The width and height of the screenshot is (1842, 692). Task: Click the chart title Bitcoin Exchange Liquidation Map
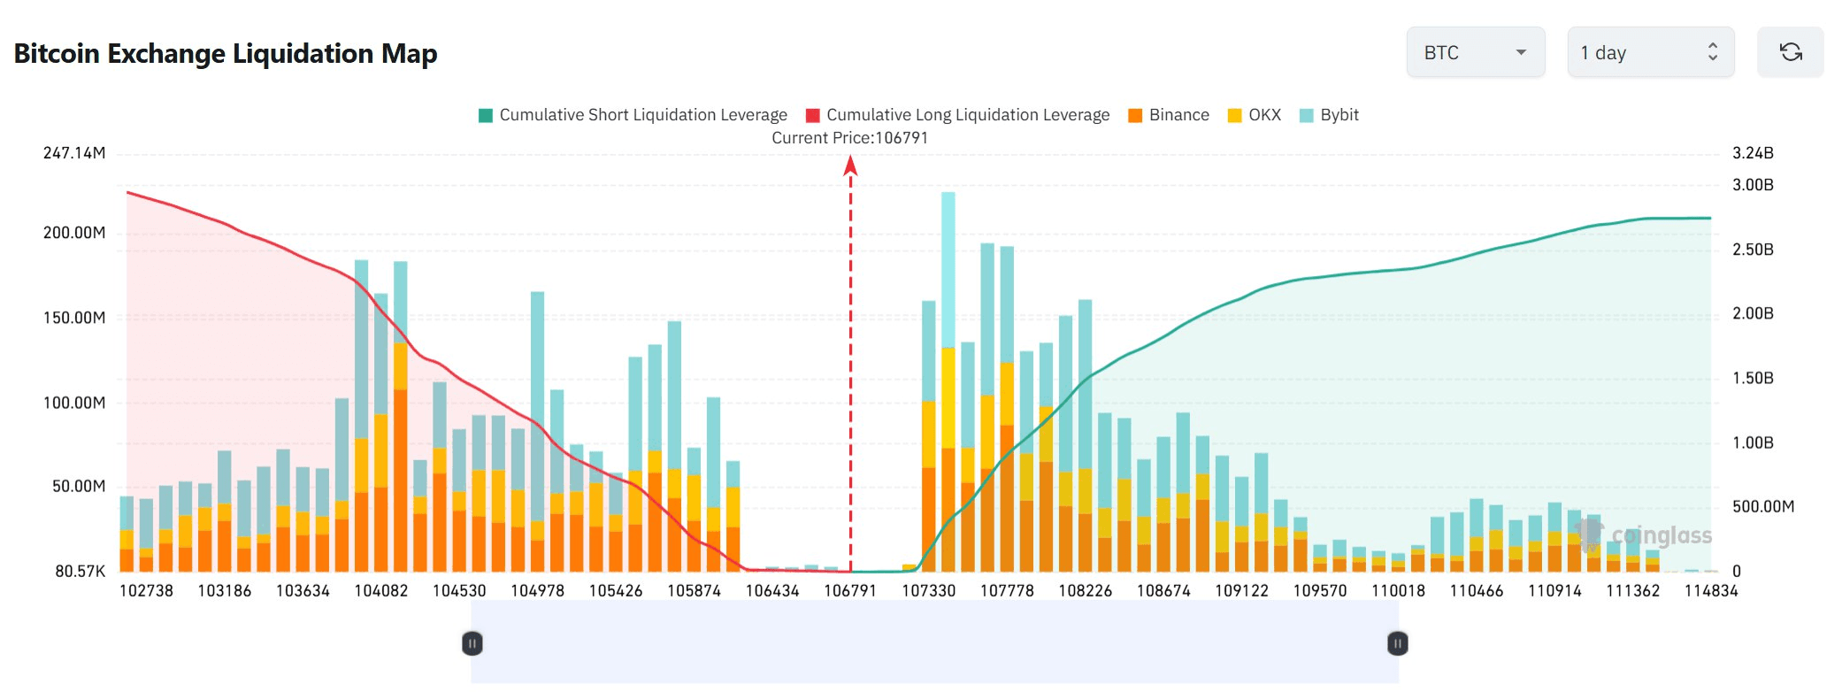[226, 54]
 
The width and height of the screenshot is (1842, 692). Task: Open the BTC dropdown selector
[1475, 52]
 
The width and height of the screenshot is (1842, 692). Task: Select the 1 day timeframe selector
[1650, 52]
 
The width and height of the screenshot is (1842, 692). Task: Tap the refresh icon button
[1790, 52]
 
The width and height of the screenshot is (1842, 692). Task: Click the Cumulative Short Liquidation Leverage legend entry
[633, 115]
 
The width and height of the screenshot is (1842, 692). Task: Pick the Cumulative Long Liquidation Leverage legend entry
[958, 115]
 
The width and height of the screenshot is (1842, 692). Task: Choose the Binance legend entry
[1169, 115]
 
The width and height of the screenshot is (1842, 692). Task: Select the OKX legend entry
[1255, 115]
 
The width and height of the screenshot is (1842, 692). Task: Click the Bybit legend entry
[1329, 115]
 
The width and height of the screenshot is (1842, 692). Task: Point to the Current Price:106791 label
[849, 138]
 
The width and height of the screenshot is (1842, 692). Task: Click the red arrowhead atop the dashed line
[850, 165]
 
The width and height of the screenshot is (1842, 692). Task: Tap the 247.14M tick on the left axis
[74, 153]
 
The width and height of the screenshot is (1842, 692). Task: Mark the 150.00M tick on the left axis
[74, 318]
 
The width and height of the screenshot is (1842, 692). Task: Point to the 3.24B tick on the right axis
[1753, 153]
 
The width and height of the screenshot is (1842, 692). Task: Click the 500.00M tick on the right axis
[1762, 506]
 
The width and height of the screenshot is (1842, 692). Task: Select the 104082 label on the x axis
[381, 590]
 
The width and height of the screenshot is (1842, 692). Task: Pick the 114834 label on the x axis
[1710, 590]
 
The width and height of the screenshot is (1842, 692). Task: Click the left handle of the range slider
[472, 643]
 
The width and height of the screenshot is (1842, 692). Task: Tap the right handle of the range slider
[1397, 643]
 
